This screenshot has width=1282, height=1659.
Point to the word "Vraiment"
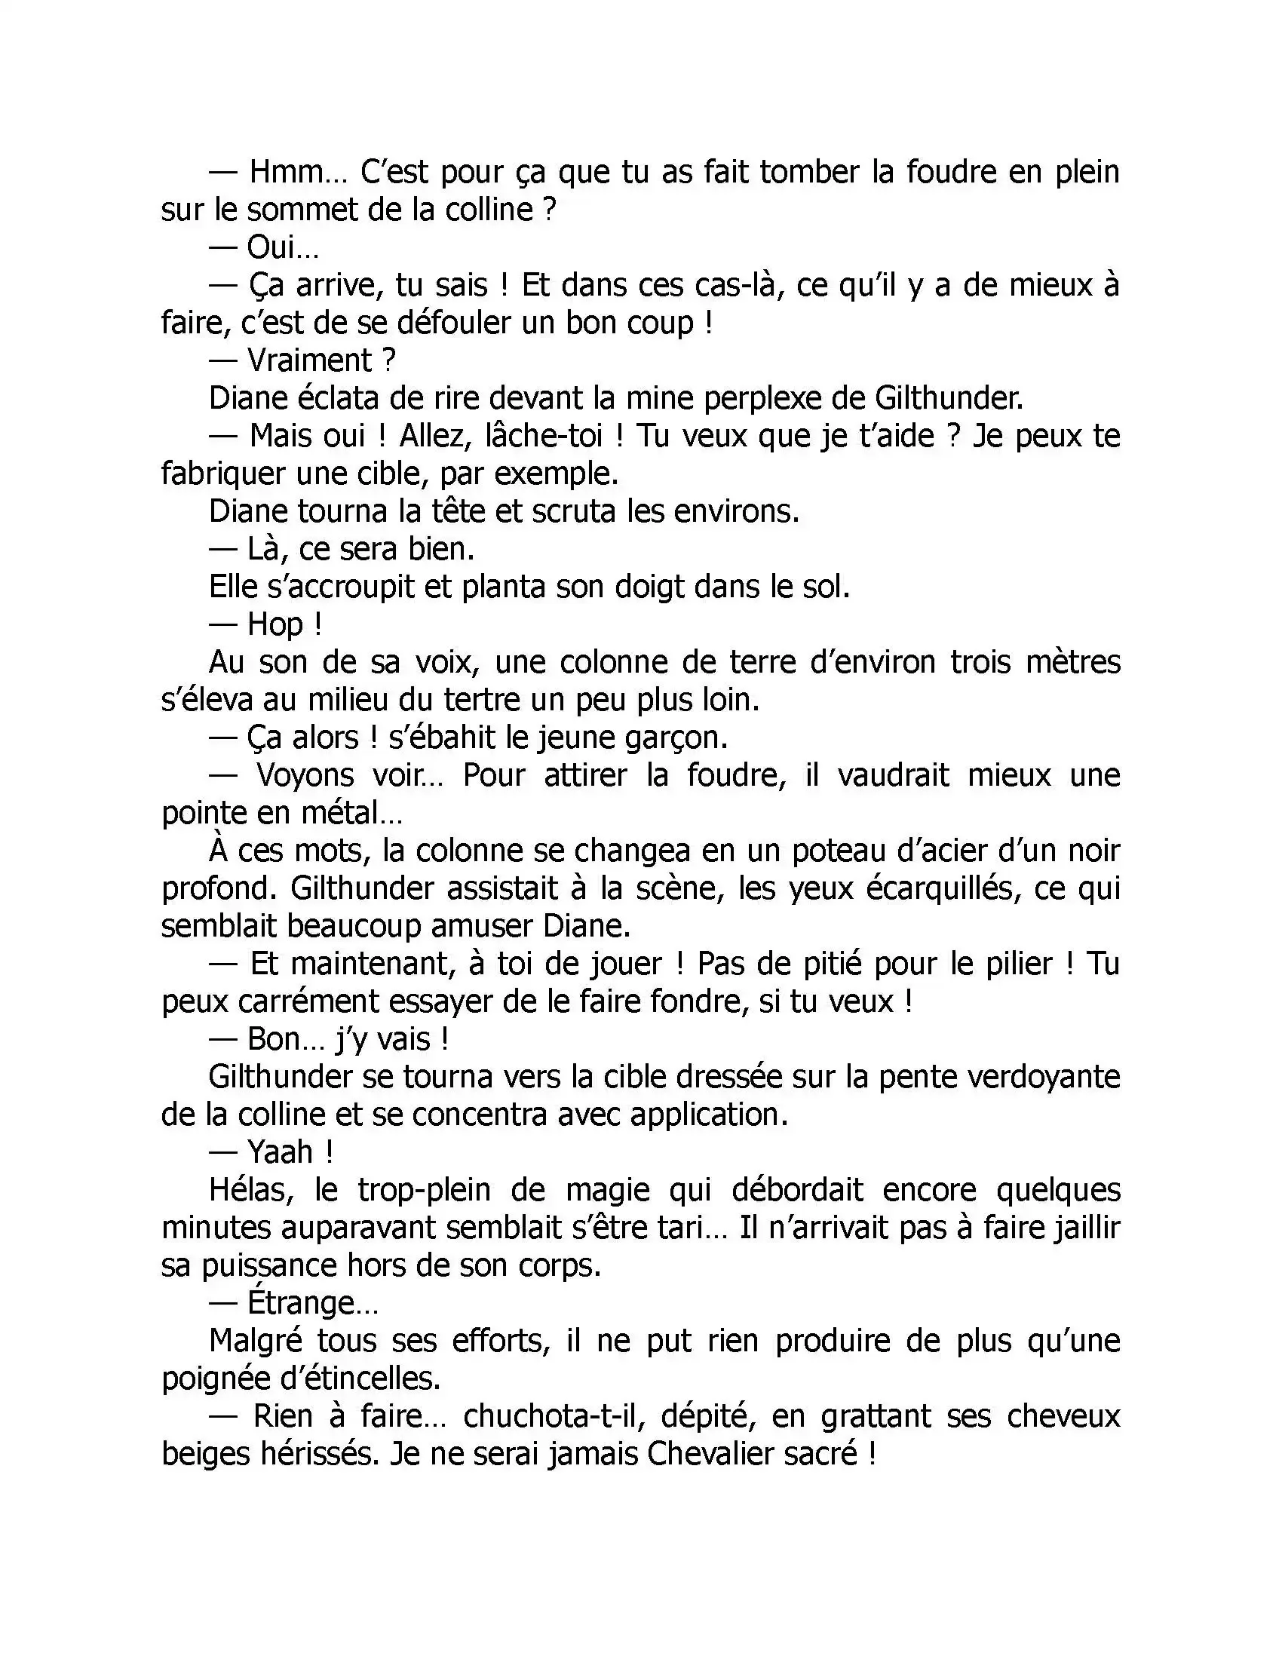(309, 360)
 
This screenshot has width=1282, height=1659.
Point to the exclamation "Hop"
(275, 625)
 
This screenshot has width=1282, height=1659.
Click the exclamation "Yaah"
(281, 1153)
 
